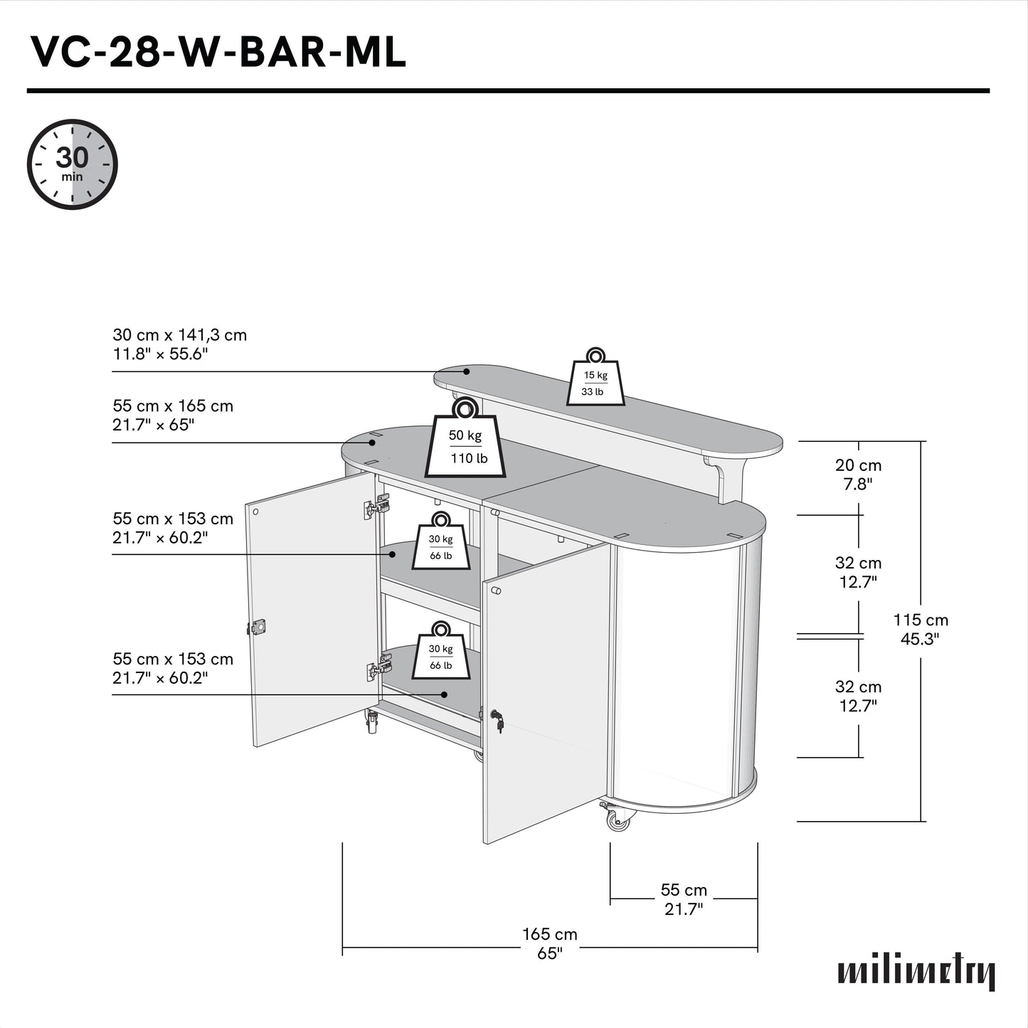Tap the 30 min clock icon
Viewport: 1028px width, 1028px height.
pyautogui.click(x=72, y=164)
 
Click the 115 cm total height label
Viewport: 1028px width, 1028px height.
pyautogui.click(x=921, y=629)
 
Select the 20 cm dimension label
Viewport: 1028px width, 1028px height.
pyautogui.click(x=858, y=474)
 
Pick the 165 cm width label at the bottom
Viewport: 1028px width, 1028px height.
pyautogui.click(x=549, y=943)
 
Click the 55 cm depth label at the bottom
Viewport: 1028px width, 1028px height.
pyautogui.click(x=684, y=899)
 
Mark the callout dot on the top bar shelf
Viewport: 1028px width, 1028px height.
pyautogui.click(x=467, y=371)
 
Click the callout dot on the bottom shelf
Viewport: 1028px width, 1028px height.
pyautogui.click(x=445, y=694)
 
